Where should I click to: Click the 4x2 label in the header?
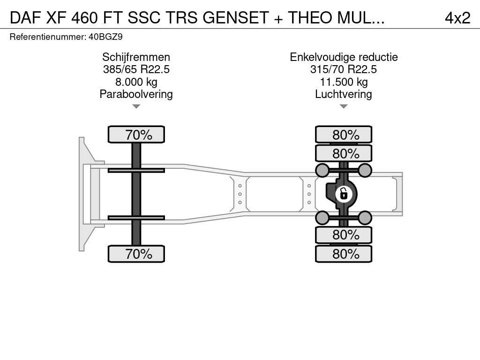(x=457, y=18)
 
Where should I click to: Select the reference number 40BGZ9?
(x=105, y=37)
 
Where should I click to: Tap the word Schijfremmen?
(x=136, y=57)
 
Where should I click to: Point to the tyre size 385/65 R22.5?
(x=136, y=69)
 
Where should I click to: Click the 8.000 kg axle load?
(x=136, y=82)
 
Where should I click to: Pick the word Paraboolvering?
(x=136, y=94)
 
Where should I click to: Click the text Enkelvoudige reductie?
(x=344, y=57)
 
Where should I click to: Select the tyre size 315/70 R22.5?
(x=344, y=69)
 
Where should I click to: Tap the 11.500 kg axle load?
(x=344, y=82)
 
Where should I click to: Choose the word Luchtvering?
(x=344, y=94)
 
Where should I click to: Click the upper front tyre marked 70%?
(x=136, y=135)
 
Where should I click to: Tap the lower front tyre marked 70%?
(x=136, y=254)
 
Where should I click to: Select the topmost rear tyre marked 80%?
(x=344, y=135)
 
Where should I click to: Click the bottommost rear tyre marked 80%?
(x=344, y=254)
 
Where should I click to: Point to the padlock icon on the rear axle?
(x=344, y=194)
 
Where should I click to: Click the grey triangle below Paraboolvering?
(x=136, y=106)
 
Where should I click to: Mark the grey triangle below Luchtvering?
(x=344, y=106)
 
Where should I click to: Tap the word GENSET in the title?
(x=236, y=18)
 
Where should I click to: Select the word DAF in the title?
(x=25, y=18)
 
